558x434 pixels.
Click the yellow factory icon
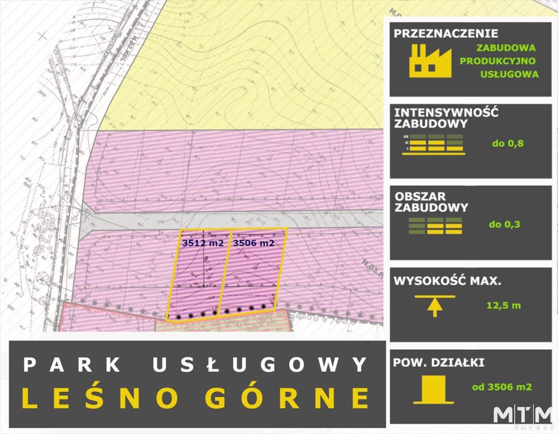(x=430, y=60)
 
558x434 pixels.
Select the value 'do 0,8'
(x=508, y=143)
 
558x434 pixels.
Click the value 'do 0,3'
(x=504, y=224)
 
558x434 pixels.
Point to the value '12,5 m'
(x=503, y=305)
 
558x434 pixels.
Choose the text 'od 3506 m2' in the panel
(x=502, y=387)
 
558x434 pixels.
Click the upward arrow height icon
(x=434, y=305)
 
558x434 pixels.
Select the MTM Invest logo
(x=522, y=417)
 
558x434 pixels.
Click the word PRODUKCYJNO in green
(x=498, y=61)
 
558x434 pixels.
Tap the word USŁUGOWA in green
(x=509, y=74)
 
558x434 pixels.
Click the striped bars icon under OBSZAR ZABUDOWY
(x=435, y=225)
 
